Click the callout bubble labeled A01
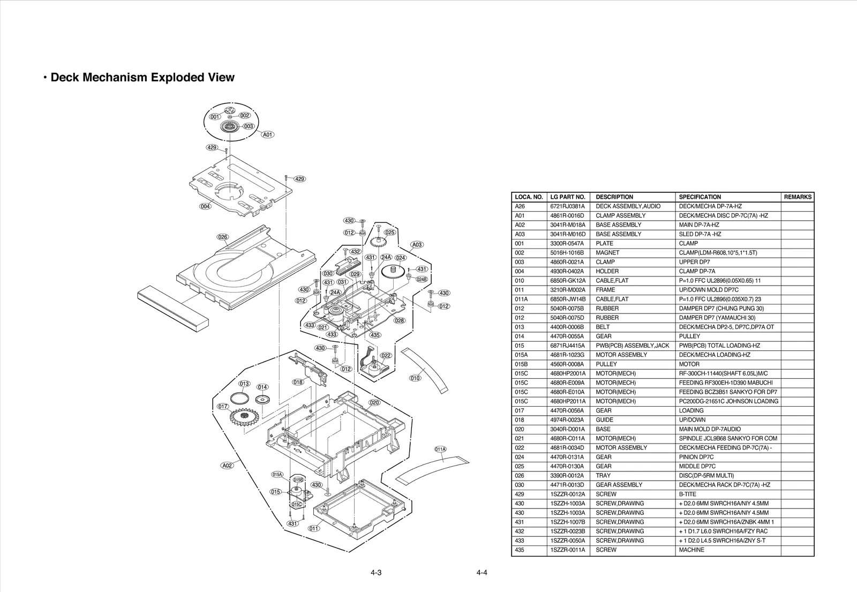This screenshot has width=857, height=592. pos(268,135)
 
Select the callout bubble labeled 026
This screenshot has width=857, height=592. pos(223,237)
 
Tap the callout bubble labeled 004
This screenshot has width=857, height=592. pos(206,207)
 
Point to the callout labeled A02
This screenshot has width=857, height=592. pos(228,466)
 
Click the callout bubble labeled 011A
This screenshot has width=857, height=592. pos(440,449)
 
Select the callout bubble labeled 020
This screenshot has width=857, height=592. pos(374,402)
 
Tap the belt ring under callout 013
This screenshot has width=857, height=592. pos(239,399)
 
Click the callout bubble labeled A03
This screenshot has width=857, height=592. pos(417,245)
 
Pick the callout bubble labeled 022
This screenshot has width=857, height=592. pos(386,355)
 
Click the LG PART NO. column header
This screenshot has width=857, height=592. pos(568,197)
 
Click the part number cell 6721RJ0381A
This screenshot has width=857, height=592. pos(567,206)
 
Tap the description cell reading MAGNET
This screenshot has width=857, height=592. pos(607,252)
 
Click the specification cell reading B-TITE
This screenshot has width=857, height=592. pos(688,494)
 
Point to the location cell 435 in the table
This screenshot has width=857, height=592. pos(520,550)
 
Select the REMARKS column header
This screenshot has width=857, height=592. pos(797,197)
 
